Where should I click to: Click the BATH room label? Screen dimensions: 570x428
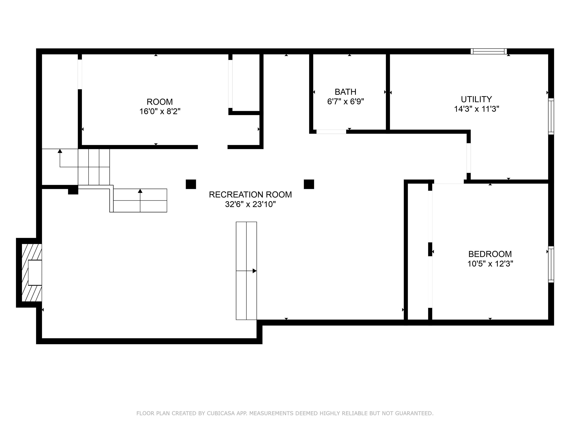pyautogui.click(x=345, y=92)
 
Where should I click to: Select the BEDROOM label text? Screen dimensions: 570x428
pyautogui.click(x=490, y=254)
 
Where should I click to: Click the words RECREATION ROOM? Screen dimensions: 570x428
pyautogui.click(x=250, y=194)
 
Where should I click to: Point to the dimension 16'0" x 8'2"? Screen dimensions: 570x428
pyautogui.click(x=160, y=111)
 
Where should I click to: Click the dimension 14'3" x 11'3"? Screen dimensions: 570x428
pyautogui.click(x=476, y=109)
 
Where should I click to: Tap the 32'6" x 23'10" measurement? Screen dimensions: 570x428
pyautogui.click(x=250, y=204)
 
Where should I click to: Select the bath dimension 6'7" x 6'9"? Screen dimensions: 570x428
pyautogui.click(x=345, y=102)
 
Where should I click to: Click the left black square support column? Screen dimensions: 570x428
pyautogui.click(x=191, y=184)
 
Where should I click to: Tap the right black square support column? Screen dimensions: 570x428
pyautogui.click(x=309, y=184)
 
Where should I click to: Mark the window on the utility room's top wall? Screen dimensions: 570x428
pyautogui.click(x=489, y=51)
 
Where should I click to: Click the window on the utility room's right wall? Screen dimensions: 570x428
pyautogui.click(x=551, y=116)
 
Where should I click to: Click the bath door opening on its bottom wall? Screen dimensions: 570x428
pyautogui.click(x=331, y=132)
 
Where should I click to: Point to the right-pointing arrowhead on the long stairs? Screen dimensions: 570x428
pyautogui.click(x=255, y=271)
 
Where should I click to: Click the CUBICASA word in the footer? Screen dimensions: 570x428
pyautogui.click(x=221, y=413)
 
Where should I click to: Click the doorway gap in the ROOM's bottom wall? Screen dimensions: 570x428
pyautogui.click(x=213, y=147)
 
